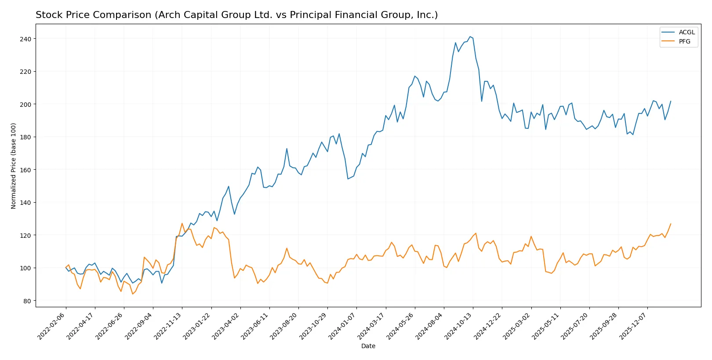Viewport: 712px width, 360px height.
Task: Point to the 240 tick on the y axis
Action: coord(25,39)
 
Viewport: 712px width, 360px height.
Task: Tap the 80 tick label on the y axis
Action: coord(27,301)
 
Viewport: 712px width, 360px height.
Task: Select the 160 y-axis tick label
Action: coord(25,170)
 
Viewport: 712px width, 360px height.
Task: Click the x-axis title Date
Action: coord(368,346)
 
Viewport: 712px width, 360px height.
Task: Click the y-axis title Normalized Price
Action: coord(14,166)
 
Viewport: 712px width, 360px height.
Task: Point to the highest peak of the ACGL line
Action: coord(470,36)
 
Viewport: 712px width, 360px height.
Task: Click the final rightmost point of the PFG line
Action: coord(671,224)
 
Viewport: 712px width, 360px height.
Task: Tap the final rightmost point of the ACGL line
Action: coord(671,101)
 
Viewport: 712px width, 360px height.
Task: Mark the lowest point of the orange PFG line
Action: coord(133,294)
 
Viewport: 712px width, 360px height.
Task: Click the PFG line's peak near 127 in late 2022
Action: coord(182,223)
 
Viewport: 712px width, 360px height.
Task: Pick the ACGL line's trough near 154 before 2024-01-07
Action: coord(348,179)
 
